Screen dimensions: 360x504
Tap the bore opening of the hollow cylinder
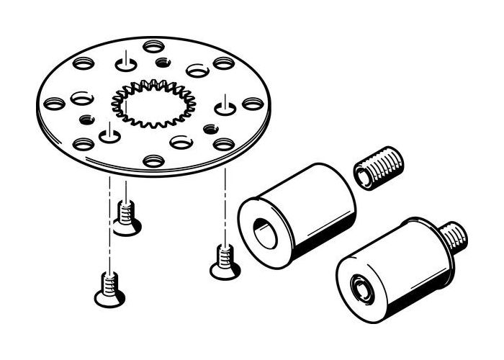266,234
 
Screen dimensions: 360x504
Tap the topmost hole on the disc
153,47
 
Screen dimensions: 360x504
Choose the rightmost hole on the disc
251,104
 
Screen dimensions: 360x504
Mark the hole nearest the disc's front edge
153,161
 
